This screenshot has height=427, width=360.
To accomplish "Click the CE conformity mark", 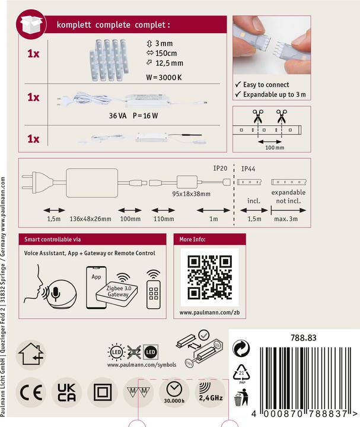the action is point(31,393).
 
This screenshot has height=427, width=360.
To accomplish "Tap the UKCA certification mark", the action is point(66,393).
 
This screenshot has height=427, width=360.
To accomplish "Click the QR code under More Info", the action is point(210,277).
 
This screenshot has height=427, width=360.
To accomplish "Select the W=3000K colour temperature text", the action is point(164,77).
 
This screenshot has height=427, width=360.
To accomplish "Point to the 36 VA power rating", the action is point(117,116).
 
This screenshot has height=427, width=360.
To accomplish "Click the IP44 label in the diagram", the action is point(249,169).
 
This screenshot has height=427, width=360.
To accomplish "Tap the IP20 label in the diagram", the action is point(220,168).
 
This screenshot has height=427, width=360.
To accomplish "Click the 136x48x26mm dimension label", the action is point(90,219).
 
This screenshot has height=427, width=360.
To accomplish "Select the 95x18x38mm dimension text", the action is point(191,194).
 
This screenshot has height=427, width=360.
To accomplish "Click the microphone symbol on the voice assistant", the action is point(56,294).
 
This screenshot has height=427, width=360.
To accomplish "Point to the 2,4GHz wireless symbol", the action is point(211,392).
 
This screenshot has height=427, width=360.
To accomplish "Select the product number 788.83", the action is point(303,338).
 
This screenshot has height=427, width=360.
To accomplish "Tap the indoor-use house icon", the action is point(31,354).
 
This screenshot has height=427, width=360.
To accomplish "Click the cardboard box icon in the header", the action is point(31,24).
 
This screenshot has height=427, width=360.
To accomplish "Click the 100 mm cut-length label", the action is point(275,148).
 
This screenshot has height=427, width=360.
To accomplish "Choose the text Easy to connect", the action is point(266,85).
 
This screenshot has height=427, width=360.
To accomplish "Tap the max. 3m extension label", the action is point(286,219).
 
